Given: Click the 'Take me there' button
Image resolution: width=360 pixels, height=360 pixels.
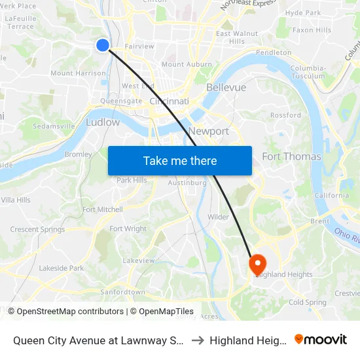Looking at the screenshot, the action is pyautogui.click(x=180, y=160).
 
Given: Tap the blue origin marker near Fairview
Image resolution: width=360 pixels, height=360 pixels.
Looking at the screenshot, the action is pyautogui.click(x=103, y=45).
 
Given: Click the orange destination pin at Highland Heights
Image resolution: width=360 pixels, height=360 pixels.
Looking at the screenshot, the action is pyautogui.click(x=257, y=264).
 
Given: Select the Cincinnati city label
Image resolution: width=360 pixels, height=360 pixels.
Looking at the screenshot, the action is pyautogui.click(x=169, y=101).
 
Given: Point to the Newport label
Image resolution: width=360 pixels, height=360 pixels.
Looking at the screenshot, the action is pyautogui.click(x=208, y=131).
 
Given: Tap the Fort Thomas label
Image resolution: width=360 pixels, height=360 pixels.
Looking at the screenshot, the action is pyautogui.click(x=291, y=156).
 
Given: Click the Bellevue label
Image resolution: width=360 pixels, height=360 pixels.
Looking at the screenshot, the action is pyautogui.click(x=226, y=87).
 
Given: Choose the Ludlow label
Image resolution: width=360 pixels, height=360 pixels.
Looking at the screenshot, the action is pyautogui.click(x=103, y=122).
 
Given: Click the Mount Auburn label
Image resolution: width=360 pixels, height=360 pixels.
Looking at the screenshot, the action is pyautogui.click(x=187, y=64).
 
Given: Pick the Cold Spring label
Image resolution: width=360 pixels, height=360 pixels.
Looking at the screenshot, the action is pyautogui.click(x=307, y=302).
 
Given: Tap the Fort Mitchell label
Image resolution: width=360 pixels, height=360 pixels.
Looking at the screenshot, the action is pyautogui.click(x=102, y=209).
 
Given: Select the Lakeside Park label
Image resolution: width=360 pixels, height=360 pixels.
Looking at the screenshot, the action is pyautogui.click(x=61, y=268).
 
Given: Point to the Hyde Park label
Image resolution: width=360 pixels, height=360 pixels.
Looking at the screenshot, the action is pyautogui.click(x=303, y=12).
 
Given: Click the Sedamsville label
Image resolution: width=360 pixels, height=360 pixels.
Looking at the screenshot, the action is pyautogui.click(x=54, y=126).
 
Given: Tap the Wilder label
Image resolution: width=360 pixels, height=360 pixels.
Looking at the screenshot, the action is pyautogui.click(x=218, y=217).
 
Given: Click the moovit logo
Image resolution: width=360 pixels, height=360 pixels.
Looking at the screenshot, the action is pyautogui.click(x=321, y=339).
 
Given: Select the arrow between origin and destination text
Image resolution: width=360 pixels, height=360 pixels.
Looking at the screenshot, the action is pyautogui.click(x=197, y=340).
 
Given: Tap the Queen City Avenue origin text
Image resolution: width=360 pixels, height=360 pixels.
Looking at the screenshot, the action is pyautogui.click(x=98, y=340).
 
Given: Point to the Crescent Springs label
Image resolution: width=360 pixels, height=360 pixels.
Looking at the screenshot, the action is pyautogui.click(x=37, y=229).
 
